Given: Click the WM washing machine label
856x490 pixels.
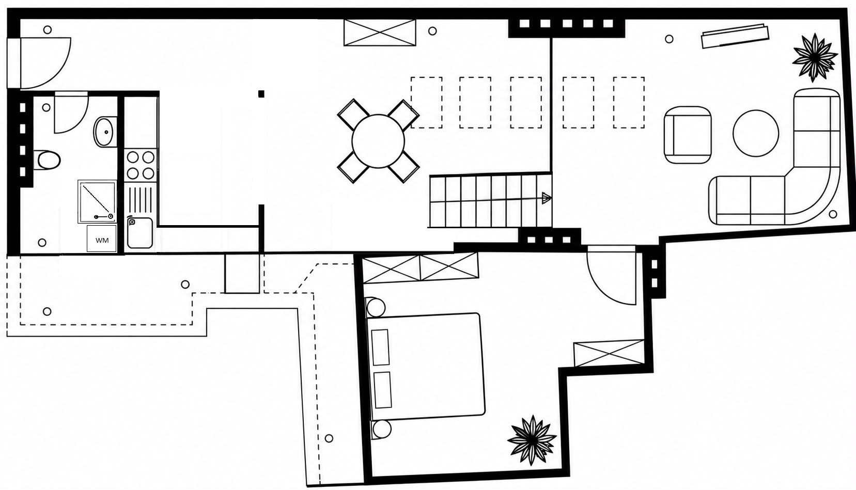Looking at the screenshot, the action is click(x=102, y=240).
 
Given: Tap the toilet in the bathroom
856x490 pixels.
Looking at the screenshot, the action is click(x=47, y=160).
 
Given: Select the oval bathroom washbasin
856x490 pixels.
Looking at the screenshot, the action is click(x=105, y=132).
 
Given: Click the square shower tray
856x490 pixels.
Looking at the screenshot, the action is click(x=97, y=202).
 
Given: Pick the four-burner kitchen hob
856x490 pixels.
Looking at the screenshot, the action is click(x=140, y=165).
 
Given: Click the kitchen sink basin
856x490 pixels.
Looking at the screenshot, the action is click(x=140, y=232).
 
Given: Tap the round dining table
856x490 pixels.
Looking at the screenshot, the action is click(x=378, y=141).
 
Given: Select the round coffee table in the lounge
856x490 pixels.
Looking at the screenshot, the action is click(x=755, y=133).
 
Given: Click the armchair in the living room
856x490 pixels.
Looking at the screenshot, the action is click(x=688, y=135).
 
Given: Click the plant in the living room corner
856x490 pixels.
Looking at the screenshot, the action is click(x=814, y=57).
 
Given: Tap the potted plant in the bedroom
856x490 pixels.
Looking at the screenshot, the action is click(x=532, y=440).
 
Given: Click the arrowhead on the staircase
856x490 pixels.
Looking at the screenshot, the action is click(x=547, y=198).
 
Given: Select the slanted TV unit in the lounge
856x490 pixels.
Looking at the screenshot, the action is click(x=735, y=36).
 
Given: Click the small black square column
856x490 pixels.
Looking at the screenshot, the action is click(x=261, y=94).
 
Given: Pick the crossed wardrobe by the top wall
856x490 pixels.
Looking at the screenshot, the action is click(x=380, y=33).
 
